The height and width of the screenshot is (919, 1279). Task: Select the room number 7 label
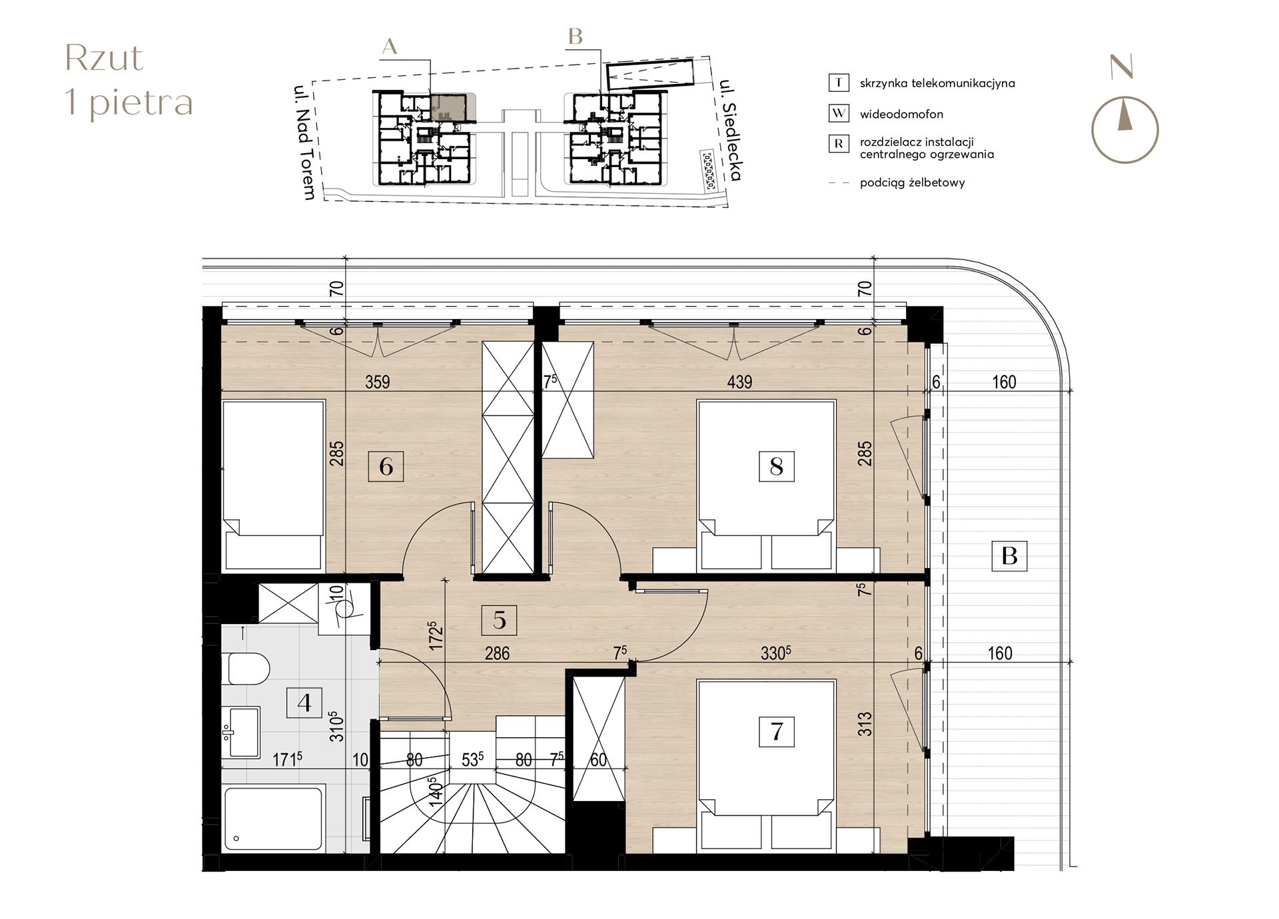click(x=776, y=731)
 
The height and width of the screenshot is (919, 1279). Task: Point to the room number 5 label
click(x=499, y=620)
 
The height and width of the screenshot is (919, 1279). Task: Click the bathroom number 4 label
click(x=304, y=703)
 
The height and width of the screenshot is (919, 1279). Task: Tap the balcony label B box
click(x=1009, y=555)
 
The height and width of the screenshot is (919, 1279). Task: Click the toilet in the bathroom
click(x=248, y=669)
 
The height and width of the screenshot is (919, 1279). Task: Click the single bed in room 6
click(x=274, y=485)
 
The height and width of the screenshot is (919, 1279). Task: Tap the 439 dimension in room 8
click(x=739, y=382)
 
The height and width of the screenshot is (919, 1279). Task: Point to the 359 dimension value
click(x=377, y=382)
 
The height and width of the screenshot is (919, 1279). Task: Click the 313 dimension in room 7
click(x=865, y=725)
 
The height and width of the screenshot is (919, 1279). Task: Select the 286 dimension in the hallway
click(x=497, y=653)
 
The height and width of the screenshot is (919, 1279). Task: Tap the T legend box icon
click(x=839, y=83)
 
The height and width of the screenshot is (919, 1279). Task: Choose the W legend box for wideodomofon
click(x=839, y=113)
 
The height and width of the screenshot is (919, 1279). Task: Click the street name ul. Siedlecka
click(x=730, y=131)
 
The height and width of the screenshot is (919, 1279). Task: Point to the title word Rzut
click(x=104, y=59)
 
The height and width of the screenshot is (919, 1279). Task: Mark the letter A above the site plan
click(x=390, y=46)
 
